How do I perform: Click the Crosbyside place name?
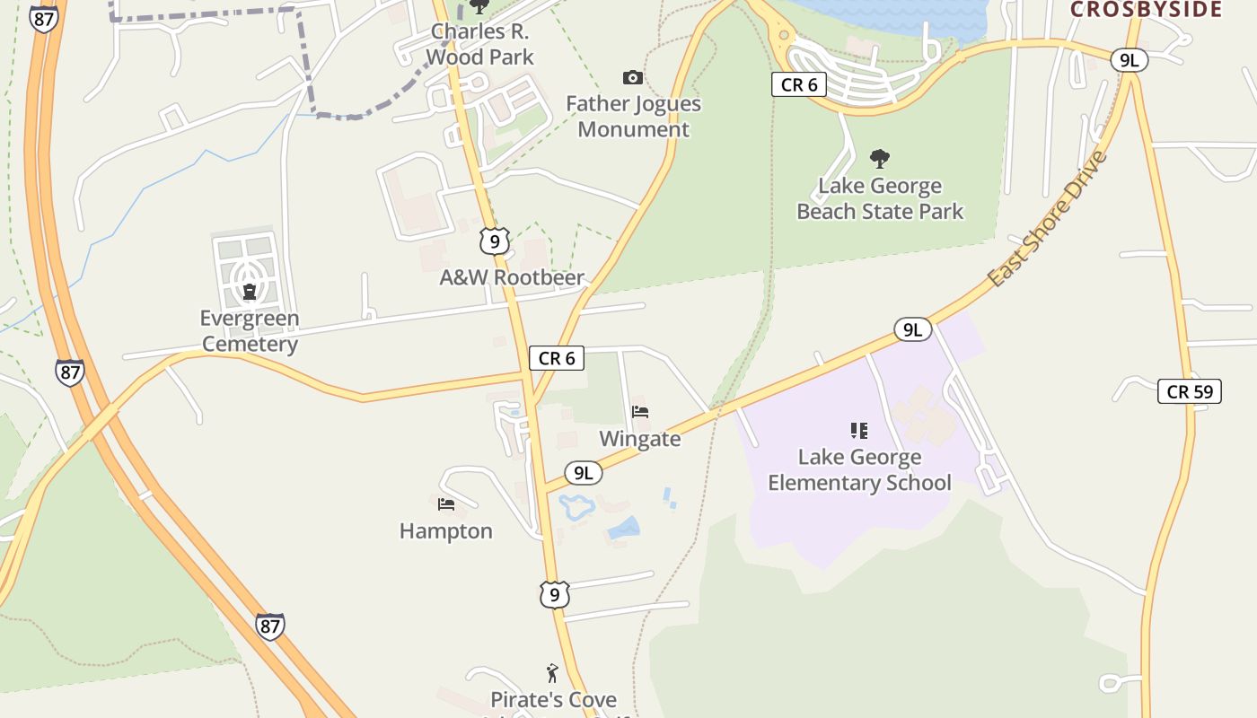tap(1147, 9)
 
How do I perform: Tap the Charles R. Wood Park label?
tap(479, 45)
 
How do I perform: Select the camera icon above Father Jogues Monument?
tap(633, 78)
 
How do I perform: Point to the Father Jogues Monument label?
tap(633, 117)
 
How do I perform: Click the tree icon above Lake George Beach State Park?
tap(880, 159)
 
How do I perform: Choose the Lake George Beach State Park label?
tap(880, 199)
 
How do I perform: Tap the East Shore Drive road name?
tap(1047, 219)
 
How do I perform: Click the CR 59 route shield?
tap(1190, 391)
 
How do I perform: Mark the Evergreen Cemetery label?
tap(250, 331)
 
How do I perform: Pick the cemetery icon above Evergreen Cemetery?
tap(250, 291)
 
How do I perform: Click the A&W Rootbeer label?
tap(512, 278)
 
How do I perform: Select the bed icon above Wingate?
tap(640, 412)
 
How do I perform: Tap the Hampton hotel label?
tap(446, 531)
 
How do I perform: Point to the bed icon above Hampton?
tap(446, 503)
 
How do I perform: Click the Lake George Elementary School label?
tap(859, 470)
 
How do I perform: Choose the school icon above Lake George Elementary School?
tap(859, 431)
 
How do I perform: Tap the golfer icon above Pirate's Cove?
tap(552, 672)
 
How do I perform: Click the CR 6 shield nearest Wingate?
tap(557, 359)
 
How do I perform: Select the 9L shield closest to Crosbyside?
tap(1129, 60)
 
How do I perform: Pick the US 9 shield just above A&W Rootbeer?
tap(494, 241)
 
